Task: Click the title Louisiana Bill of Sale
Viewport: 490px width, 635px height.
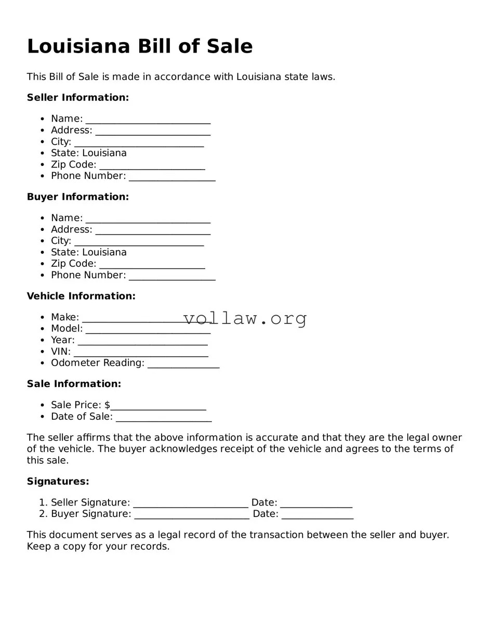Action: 140,46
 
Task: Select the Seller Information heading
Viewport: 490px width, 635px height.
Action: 78,97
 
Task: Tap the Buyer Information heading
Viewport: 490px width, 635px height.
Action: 78,197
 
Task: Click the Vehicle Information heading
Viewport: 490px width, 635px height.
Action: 81,296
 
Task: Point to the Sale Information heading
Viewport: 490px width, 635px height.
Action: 74,384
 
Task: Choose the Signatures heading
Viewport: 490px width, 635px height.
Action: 58,482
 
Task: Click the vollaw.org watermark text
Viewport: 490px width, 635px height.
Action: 245,318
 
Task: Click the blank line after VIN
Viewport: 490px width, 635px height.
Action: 141,353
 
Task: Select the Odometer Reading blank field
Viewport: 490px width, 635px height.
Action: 183,364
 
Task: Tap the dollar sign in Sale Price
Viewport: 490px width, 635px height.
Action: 107,405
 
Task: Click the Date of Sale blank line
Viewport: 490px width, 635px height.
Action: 164,418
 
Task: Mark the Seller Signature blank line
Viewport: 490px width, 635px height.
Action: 191,503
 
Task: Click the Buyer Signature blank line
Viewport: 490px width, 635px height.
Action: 192,515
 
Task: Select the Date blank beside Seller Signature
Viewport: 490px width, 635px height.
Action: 316,503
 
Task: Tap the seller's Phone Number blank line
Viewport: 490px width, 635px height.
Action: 172,177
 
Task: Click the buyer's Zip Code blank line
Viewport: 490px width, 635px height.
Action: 152,265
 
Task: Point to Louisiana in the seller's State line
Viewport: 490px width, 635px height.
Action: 104,153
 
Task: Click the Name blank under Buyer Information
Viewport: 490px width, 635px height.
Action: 148,219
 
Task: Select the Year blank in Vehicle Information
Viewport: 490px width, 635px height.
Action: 142,341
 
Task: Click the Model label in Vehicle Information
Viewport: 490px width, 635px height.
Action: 67,328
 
